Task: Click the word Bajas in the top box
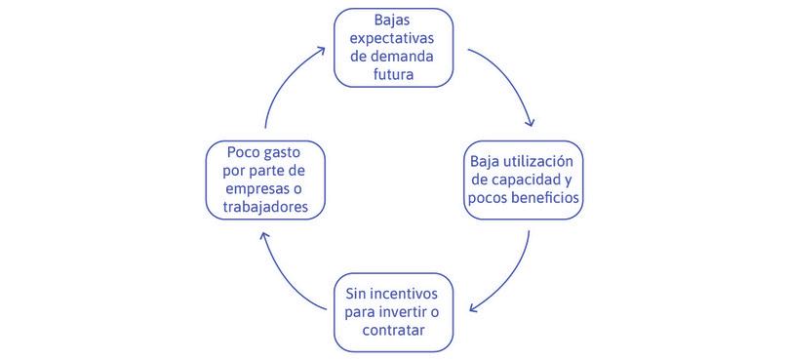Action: tap(394, 20)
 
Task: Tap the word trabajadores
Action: tap(263, 208)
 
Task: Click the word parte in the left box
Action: tap(272, 171)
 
